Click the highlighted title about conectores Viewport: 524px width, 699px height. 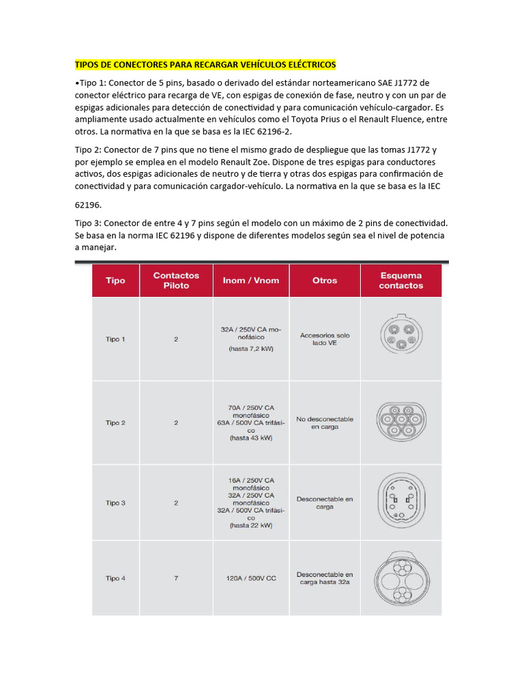click(x=205, y=65)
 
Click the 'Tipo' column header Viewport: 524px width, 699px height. click(x=115, y=281)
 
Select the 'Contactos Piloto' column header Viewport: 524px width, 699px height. click(x=176, y=281)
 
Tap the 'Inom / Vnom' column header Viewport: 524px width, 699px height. click(x=251, y=281)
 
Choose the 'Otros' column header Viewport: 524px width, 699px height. click(x=325, y=281)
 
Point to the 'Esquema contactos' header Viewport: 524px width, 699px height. click(x=401, y=281)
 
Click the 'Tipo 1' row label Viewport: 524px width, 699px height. click(x=115, y=339)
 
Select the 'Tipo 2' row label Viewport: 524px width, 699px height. click(x=115, y=423)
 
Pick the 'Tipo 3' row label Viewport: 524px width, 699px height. click(x=115, y=503)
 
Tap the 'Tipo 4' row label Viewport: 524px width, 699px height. click(x=115, y=578)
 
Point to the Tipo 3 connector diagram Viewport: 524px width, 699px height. click(x=401, y=502)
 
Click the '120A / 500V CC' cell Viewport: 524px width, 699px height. click(x=251, y=578)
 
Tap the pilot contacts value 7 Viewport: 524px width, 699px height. click(x=176, y=578)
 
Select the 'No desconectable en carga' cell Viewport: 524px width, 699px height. click(x=325, y=423)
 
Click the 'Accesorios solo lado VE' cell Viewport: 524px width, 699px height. click(x=325, y=339)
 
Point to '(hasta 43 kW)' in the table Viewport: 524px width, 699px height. click(x=251, y=438)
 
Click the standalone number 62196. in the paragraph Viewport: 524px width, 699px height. click(x=91, y=204)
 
